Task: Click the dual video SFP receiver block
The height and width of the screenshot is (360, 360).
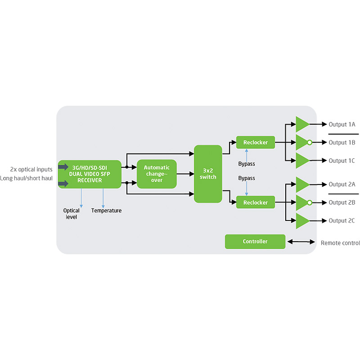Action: [90, 174]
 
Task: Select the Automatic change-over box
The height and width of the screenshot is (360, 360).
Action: [157, 174]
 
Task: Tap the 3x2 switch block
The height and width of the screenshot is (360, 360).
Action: [208, 174]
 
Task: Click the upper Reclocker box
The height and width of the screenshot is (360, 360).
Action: [255, 143]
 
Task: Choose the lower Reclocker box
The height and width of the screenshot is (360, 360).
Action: [255, 202]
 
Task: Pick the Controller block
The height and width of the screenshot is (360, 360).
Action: [255, 242]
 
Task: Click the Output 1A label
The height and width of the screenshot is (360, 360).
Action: [342, 124]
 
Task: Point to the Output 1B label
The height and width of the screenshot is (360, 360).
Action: [342, 143]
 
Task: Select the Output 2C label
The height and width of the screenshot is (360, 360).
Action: [342, 221]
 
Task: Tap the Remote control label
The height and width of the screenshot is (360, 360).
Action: [340, 243]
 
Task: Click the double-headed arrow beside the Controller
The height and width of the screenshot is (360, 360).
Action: [301, 242]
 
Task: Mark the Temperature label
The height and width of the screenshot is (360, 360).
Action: [106, 211]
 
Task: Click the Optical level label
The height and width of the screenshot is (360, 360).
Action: [72, 214]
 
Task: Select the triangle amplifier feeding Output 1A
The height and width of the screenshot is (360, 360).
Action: [302, 124]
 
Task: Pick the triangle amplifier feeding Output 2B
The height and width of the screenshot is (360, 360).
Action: [301, 202]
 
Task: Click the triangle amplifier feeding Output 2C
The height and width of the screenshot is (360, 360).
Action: [302, 221]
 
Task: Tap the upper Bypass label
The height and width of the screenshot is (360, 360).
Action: [247, 163]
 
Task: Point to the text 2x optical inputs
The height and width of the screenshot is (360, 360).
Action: [31, 169]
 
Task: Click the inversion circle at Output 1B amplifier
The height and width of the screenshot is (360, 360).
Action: [310, 143]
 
